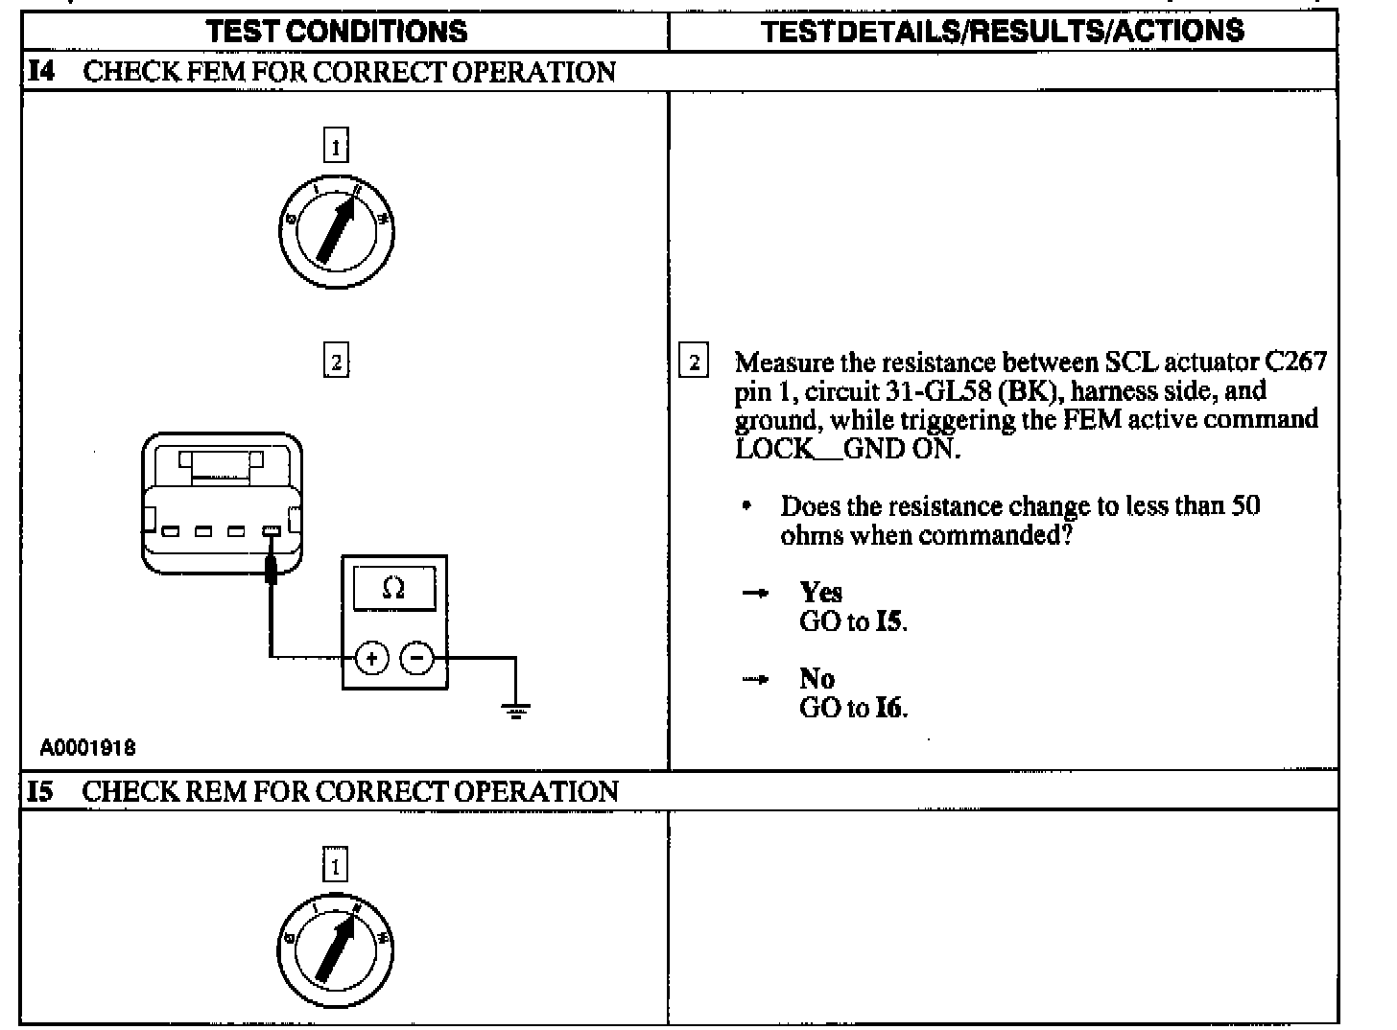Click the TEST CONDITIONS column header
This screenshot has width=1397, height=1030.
click(337, 32)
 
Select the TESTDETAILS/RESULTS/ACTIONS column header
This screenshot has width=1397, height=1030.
click(1003, 32)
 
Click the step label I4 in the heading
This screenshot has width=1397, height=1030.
click(40, 72)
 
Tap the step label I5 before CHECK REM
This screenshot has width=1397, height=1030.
click(40, 791)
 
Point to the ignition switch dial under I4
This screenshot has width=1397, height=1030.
click(336, 232)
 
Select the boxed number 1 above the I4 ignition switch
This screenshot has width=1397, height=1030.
click(336, 147)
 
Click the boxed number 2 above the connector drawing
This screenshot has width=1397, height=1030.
click(336, 363)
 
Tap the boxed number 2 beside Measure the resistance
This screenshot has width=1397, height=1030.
click(694, 363)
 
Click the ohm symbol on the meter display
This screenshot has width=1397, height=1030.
click(393, 588)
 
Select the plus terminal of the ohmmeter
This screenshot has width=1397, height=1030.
click(371, 658)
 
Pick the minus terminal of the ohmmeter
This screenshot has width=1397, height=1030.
click(416, 658)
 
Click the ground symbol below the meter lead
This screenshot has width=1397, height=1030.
click(516, 710)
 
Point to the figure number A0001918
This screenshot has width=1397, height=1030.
click(87, 748)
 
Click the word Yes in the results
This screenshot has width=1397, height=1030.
click(820, 593)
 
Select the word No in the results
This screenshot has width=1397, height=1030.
click(817, 679)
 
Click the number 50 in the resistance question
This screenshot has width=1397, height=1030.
click(1244, 505)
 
